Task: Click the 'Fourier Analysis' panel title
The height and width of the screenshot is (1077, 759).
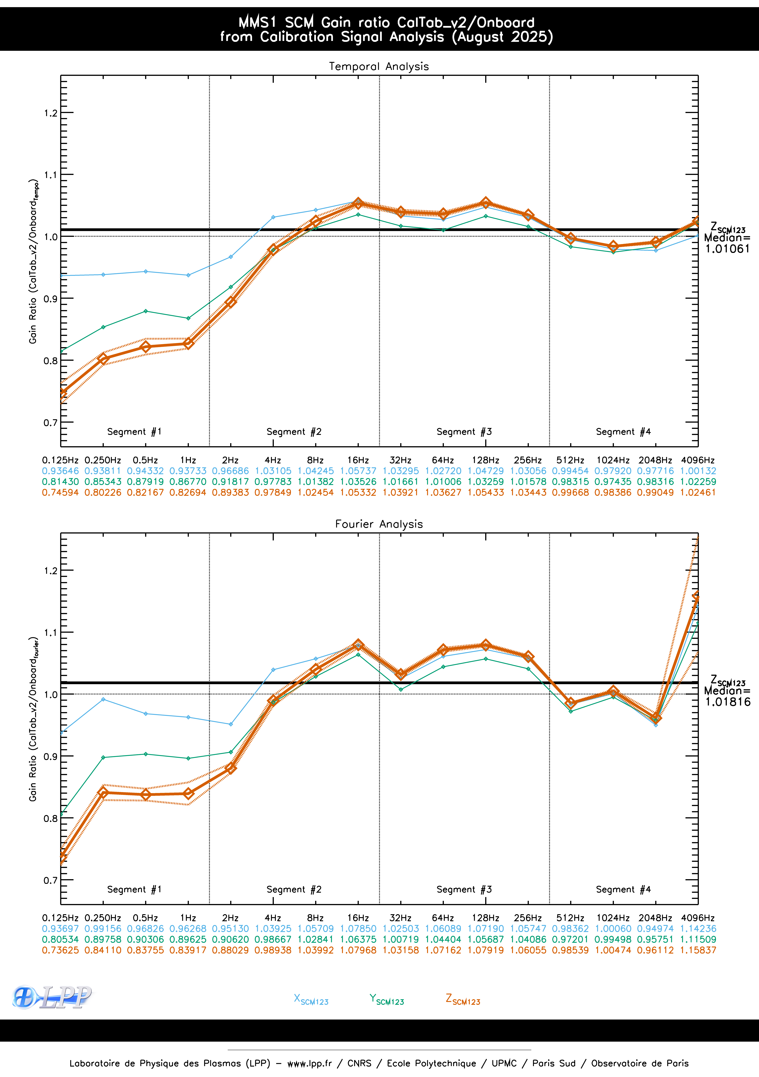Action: [379, 524]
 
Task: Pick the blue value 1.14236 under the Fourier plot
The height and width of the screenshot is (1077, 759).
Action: [698, 928]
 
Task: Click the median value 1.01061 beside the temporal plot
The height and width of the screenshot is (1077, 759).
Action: [728, 249]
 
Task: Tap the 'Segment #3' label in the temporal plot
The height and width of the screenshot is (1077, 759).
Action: [464, 432]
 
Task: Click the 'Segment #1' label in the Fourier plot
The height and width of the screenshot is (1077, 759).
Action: [134, 889]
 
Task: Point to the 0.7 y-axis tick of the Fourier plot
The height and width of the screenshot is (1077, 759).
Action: [51, 880]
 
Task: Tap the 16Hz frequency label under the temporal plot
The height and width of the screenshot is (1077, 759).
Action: [358, 460]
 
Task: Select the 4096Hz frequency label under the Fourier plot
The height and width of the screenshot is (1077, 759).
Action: [698, 917]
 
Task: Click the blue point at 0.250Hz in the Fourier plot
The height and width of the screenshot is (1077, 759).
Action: [103, 699]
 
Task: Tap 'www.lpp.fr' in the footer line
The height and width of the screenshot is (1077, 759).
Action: [309, 1063]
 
